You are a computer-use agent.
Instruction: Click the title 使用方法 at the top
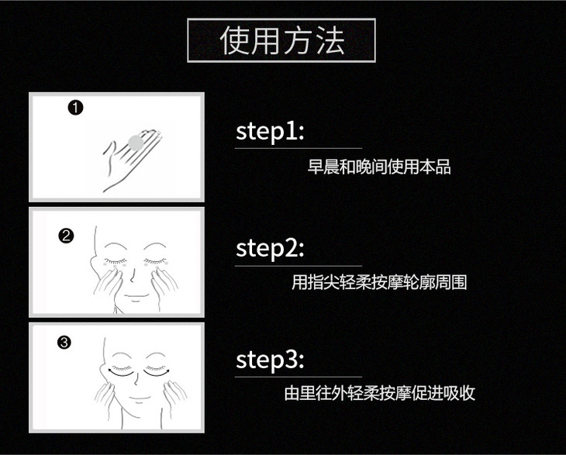282,40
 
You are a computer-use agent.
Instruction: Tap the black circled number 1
75,108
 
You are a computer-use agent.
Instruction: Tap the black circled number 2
66,236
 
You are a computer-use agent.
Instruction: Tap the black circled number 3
64,342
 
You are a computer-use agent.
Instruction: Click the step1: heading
270,132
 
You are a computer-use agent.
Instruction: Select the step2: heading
270,249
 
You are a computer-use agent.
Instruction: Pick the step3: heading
270,360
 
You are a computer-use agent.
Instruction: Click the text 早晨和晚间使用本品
379,167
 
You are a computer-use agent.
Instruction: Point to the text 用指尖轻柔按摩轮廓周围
379,282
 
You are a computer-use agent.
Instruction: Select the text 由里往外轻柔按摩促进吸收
379,393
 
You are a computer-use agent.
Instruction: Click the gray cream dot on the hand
136,143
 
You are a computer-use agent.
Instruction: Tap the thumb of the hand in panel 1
109,149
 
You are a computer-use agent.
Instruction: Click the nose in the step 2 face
133,276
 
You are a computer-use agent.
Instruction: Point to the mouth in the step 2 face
136,297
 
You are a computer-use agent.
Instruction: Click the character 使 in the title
236,40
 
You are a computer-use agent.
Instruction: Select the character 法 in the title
330,40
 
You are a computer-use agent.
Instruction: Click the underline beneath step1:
299,148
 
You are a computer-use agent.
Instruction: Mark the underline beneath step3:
299,377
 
